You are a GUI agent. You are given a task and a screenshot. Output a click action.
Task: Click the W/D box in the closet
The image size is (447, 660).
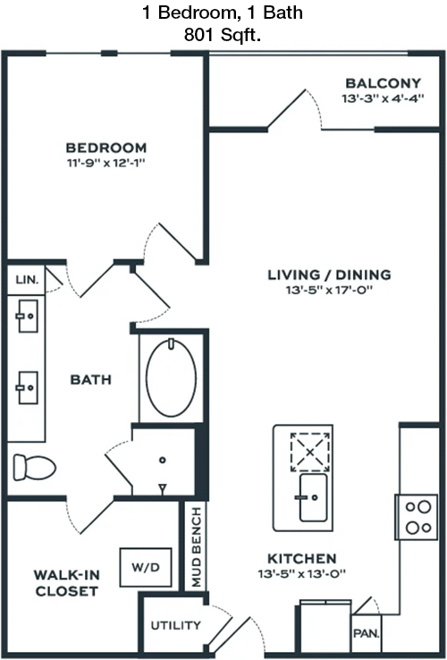pyautogui.click(x=146, y=567)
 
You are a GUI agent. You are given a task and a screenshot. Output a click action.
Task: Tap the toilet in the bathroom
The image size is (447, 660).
pyautogui.click(x=34, y=467)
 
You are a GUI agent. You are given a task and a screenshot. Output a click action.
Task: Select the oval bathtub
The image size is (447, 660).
pyautogui.click(x=171, y=377)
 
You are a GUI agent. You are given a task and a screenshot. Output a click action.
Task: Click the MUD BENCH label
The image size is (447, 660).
pyautogui.click(x=197, y=546)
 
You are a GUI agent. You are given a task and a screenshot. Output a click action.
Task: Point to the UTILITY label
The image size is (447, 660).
pyautogui.click(x=175, y=625)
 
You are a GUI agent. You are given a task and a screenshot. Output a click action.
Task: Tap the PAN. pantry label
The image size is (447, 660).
pyautogui.click(x=367, y=633)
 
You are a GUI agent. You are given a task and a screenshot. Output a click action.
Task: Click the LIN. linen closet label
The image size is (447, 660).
pyautogui.click(x=27, y=280)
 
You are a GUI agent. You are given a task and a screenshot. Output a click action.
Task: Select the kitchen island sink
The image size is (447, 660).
pyautogui.click(x=313, y=497)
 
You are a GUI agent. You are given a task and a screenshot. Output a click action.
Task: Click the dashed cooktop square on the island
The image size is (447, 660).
pyautogui.click(x=310, y=452)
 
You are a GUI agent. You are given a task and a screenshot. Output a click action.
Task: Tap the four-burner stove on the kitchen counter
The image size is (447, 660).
pyautogui.click(x=417, y=517)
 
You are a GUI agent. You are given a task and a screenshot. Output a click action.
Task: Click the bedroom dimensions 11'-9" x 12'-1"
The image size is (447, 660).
pyautogui.click(x=106, y=163)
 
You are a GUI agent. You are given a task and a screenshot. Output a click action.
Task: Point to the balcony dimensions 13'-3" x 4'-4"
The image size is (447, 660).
pyautogui.click(x=383, y=98)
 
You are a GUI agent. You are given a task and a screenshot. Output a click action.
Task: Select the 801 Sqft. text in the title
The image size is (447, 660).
pyautogui.click(x=223, y=35)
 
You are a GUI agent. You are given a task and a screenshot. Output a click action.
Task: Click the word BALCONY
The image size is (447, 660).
pyautogui.click(x=383, y=83)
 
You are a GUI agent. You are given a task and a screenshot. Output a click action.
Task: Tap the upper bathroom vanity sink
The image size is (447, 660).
pyautogui.click(x=28, y=316)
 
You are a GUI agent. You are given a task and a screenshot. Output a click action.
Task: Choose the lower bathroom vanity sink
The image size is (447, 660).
pyautogui.click(x=28, y=387)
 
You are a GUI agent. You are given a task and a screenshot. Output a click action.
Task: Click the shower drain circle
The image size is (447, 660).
pyautogui.click(x=163, y=460)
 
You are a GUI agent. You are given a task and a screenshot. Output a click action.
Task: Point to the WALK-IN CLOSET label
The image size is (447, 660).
pyautogui.click(x=66, y=583)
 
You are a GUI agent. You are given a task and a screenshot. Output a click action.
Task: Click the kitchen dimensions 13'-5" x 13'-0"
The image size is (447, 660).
pyautogui.click(x=302, y=574)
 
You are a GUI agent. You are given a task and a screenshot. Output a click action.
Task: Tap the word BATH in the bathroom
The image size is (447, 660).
pyautogui.click(x=91, y=380)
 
